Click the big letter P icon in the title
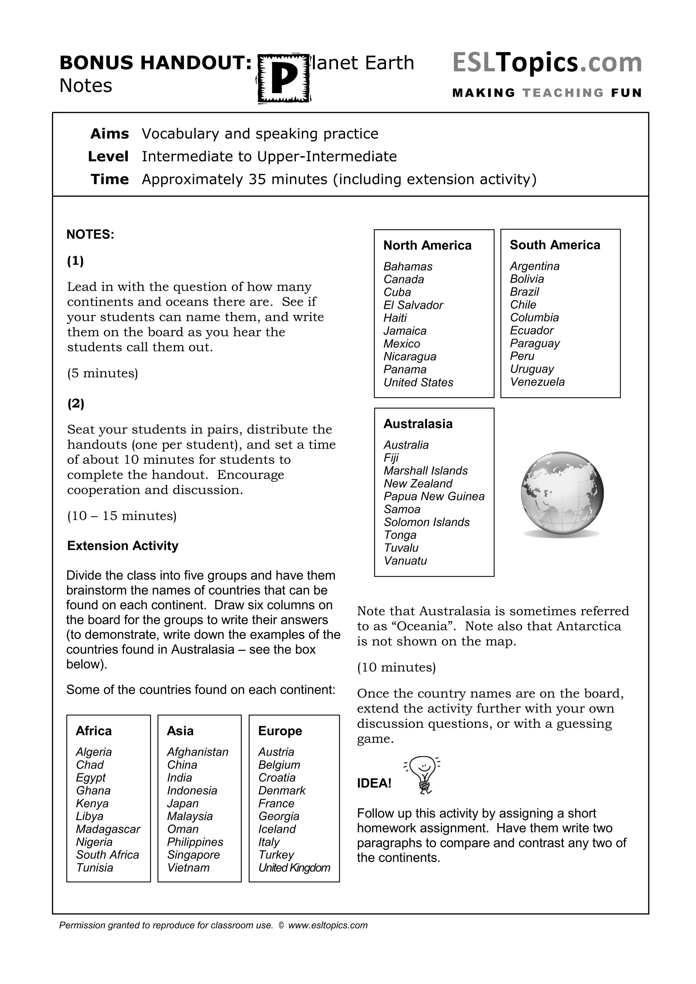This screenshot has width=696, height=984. pos(284,78)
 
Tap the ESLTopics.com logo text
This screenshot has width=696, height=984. pos(547,63)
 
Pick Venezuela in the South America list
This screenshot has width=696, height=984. pos(537,382)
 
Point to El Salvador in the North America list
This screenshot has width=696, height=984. pos(413,305)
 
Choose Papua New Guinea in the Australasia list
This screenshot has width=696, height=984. pos(434,496)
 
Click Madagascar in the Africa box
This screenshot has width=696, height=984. pos(108,829)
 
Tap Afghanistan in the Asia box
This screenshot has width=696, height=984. pos(197,752)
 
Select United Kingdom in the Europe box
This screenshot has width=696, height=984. pos(294,868)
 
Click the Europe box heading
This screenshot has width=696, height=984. pos(280,731)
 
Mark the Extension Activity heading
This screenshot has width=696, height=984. pos(123,546)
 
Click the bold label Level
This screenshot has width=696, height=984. pos(108,156)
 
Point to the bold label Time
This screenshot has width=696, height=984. pos(110,179)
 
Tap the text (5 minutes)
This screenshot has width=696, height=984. pos(102,373)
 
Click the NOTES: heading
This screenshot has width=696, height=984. pos(90,234)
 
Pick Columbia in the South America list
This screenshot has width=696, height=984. pos(534,318)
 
